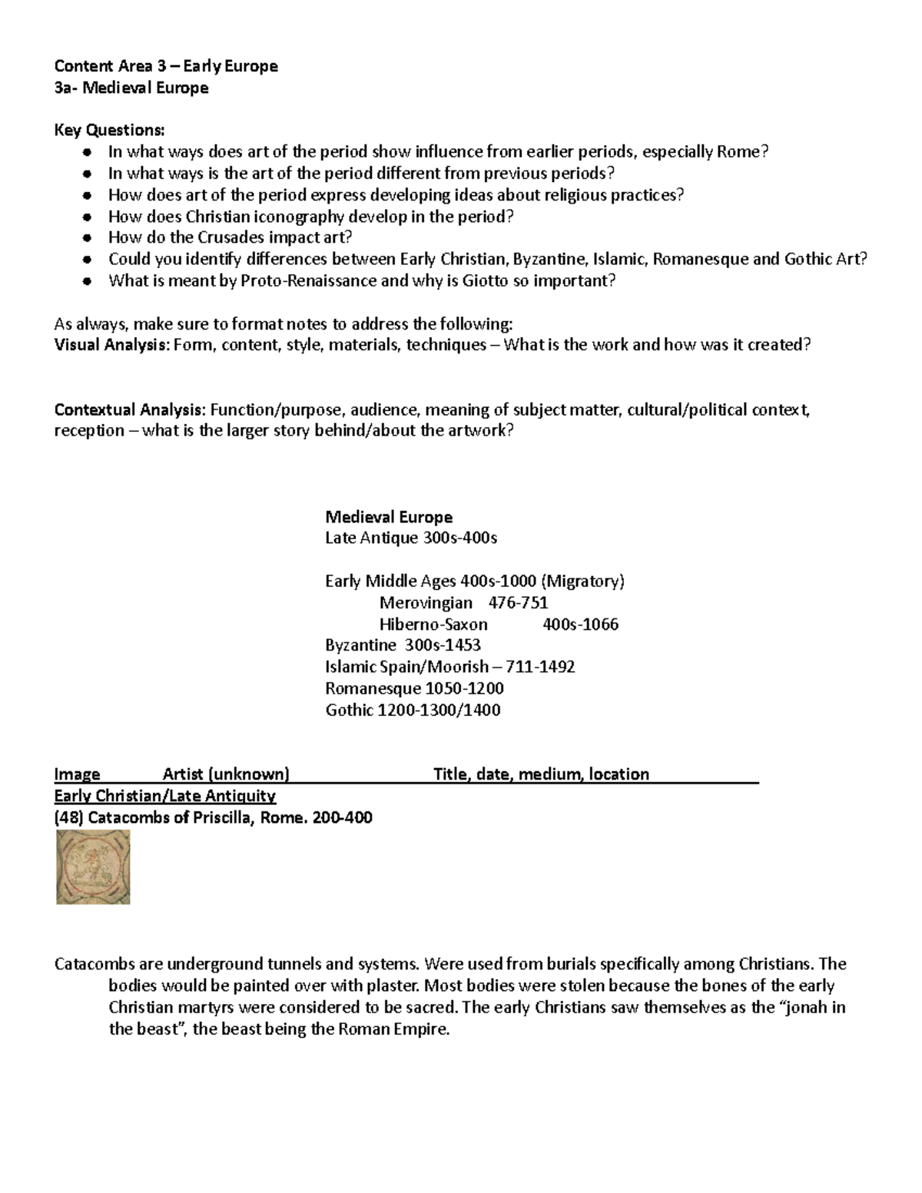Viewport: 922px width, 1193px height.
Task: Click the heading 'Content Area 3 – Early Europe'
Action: coord(165,66)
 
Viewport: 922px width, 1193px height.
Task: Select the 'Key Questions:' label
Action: coord(108,130)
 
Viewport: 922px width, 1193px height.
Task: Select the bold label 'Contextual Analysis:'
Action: coord(130,409)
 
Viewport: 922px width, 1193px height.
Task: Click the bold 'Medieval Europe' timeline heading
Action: coord(389,517)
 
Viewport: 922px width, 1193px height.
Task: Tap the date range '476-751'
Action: coord(518,603)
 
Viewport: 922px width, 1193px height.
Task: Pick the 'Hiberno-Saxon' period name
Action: coord(433,625)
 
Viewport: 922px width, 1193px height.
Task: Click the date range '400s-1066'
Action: coord(580,625)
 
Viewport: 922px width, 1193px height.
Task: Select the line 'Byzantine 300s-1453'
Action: coord(403,645)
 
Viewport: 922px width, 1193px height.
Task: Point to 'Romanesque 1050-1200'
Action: coord(414,688)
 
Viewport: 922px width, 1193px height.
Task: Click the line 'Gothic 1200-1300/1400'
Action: coord(413,710)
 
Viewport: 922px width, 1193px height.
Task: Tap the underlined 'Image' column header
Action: coord(77,774)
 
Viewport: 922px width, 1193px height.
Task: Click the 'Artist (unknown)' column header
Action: coord(226,774)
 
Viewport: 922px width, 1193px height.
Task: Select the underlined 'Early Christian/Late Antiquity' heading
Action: coord(165,796)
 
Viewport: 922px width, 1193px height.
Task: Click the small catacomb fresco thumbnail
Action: coord(93,867)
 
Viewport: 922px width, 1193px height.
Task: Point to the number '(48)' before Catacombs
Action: coord(68,817)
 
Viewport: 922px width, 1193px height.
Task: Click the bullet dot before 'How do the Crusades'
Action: coord(89,238)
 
